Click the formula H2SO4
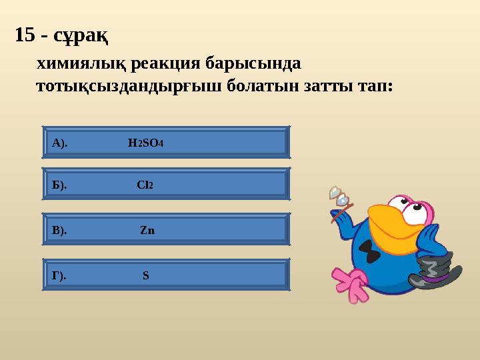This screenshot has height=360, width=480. pos(145,143)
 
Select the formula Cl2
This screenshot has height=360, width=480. pos(145,185)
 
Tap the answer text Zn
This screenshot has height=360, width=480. pos(147,231)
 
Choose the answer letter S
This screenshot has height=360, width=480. pos(145,276)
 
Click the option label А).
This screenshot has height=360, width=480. pos(59,143)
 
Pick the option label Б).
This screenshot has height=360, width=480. pos(59,185)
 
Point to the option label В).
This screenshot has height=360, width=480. pos(59,231)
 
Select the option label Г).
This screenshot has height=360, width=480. pos(59,276)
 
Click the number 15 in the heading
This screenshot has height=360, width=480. pos(25,35)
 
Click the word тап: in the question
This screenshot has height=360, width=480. pos(373,87)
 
